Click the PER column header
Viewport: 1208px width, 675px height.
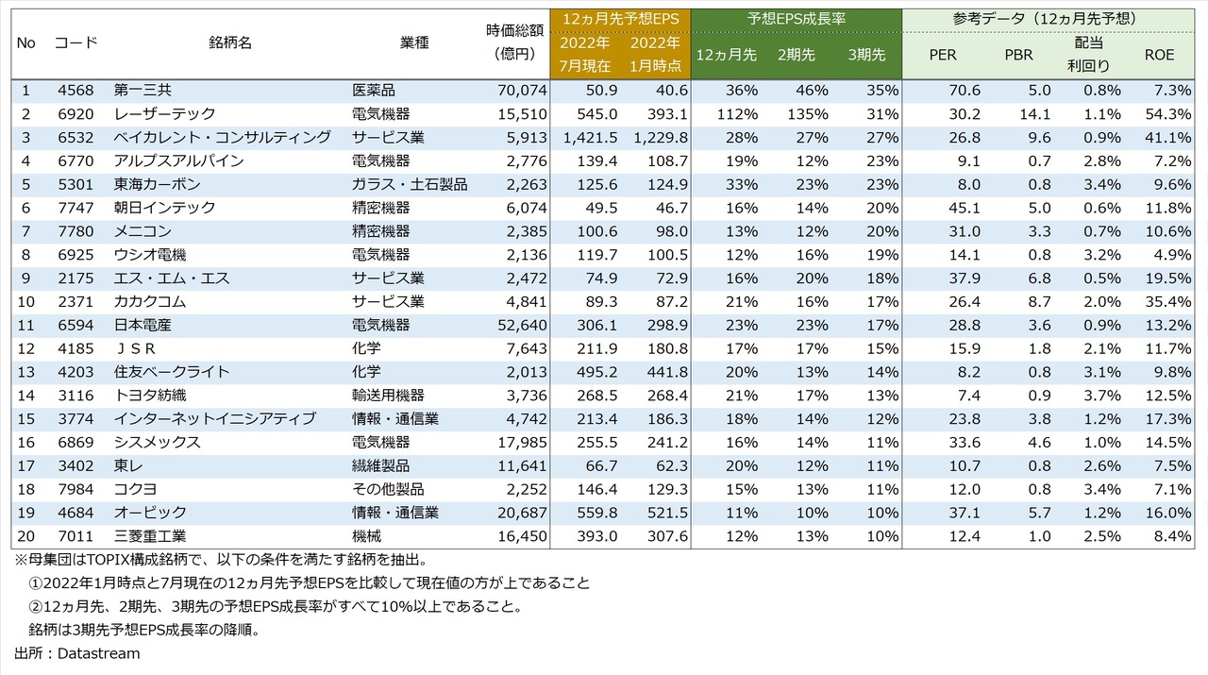942,55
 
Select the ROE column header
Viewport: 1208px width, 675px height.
1159,55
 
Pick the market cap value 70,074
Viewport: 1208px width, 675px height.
520,91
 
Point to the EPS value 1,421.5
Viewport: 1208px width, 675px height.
590,137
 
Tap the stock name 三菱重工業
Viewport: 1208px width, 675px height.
148,536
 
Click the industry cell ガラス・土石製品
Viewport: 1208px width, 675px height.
409,184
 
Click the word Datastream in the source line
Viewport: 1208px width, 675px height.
98,653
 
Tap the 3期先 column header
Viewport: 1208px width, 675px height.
866,55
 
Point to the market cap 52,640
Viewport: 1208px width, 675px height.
520,325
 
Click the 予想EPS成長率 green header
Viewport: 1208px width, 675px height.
795,19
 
